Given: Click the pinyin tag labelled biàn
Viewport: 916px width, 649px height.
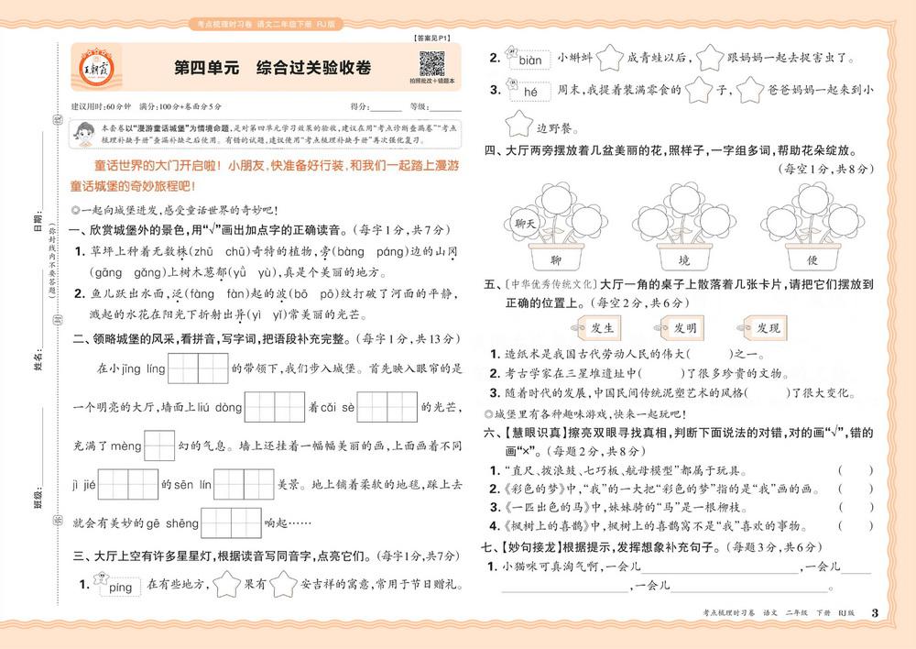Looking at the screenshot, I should [x=529, y=61].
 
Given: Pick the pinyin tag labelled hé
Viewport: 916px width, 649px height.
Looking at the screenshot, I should [x=529, y=91].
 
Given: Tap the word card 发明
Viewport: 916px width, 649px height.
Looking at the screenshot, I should [x=684, y=327].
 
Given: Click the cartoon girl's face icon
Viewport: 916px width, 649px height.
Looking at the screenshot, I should [x=84, y=135].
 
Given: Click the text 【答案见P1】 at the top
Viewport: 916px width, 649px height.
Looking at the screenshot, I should [x=426, y=38].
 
